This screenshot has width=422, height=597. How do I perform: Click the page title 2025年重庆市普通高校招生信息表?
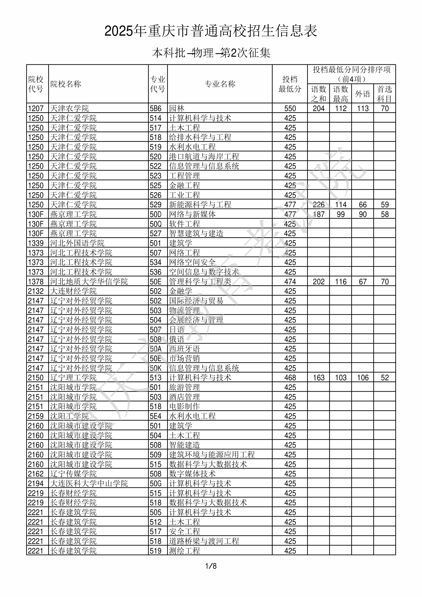coord(211,31)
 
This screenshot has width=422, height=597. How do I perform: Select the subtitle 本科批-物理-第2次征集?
coord(211,53)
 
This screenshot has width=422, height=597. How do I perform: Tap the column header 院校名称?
coord(66,84)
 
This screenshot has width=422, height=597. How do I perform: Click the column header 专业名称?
coord(220,84)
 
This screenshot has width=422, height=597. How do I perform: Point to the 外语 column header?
coord(363,94)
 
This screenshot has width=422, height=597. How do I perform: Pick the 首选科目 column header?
coord(385,94)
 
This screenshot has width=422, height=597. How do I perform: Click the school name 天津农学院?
coord(70,108)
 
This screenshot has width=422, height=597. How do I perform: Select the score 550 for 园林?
coord(290,108)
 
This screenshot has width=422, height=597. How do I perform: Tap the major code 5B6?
coord(156,108)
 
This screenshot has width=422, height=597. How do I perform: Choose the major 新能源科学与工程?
coord(200,205)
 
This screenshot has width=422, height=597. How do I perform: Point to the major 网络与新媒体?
coord(192,214)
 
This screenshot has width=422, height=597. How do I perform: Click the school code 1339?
coord(36,243)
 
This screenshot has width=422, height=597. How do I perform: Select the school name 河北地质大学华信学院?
coord(89,281)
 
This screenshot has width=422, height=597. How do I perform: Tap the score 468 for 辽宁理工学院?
coord(290,377)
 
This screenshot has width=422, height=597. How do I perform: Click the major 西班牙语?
coord(184,349)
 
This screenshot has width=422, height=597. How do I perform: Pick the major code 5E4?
coord(156,416)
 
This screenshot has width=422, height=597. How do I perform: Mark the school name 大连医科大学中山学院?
coord(89,483)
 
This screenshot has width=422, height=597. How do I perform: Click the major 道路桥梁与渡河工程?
coord(204,541)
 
